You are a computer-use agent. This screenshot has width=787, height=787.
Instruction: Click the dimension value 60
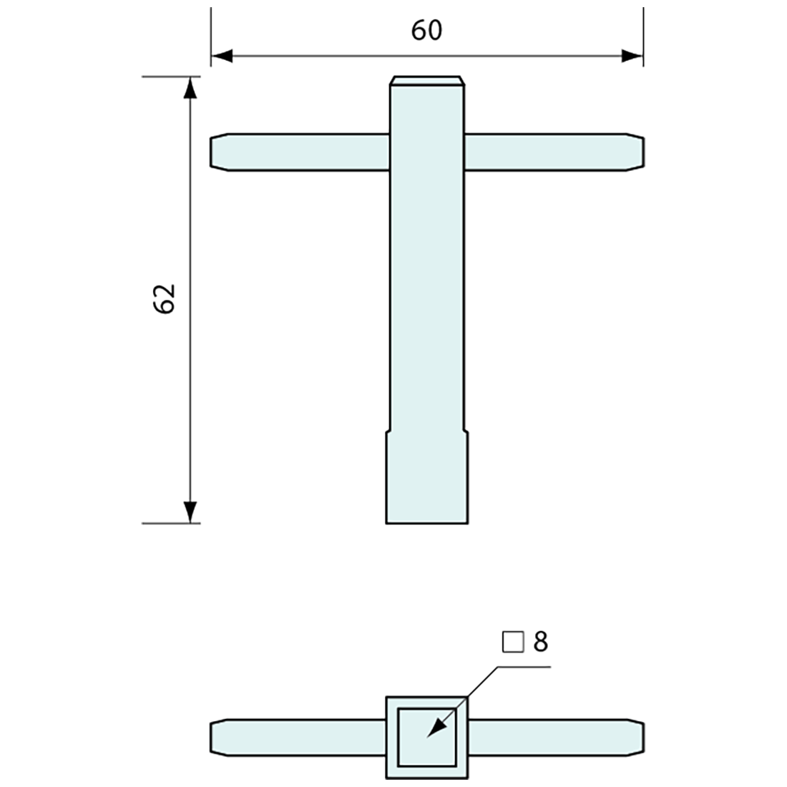427,30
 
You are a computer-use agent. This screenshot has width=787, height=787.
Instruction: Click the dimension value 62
165,298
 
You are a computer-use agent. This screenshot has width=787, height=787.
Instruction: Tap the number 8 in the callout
540,642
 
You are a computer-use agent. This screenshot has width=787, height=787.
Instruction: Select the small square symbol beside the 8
512,642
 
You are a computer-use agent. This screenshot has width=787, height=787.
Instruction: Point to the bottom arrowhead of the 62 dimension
190,512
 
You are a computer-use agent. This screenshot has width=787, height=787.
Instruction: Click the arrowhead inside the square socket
435,728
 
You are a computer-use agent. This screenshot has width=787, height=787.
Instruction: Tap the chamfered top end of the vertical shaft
427,81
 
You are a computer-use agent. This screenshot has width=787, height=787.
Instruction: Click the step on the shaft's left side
388,431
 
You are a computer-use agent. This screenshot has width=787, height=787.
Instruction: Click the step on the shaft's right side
467,431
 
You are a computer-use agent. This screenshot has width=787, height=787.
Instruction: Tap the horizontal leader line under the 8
522,666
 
